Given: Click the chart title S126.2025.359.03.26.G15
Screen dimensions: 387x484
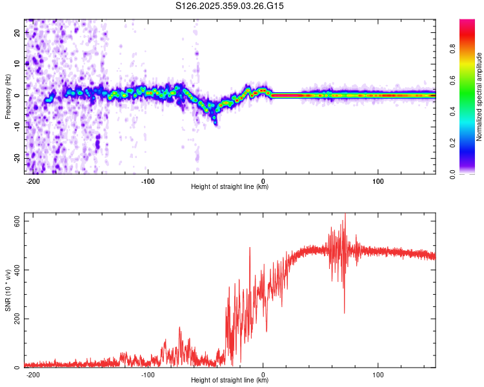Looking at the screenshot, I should (x=230, y=6).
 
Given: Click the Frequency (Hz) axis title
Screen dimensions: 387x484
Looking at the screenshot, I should (x=8, y=97).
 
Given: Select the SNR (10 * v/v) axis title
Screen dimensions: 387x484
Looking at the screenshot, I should (x=8, y=290).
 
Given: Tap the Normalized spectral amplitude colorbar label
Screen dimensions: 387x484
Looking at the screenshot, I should (x=479, y=97).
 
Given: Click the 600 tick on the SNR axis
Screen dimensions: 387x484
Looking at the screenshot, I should (x=17, y=221).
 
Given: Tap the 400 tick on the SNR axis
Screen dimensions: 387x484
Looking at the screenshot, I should (x=17, y=270).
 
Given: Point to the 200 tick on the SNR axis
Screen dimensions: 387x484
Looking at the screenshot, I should (x=17, y=319).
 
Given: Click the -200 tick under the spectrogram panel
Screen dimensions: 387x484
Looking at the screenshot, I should (x=33, y=181).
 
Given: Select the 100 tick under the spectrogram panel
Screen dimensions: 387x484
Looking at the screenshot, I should (x=378, y=181).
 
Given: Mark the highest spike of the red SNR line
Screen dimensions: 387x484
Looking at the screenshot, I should (x=345, y=215).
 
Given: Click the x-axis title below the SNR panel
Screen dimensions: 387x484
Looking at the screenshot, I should (x=230, y=381).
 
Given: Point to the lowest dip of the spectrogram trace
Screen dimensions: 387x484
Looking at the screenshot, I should (x=216, y=123).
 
